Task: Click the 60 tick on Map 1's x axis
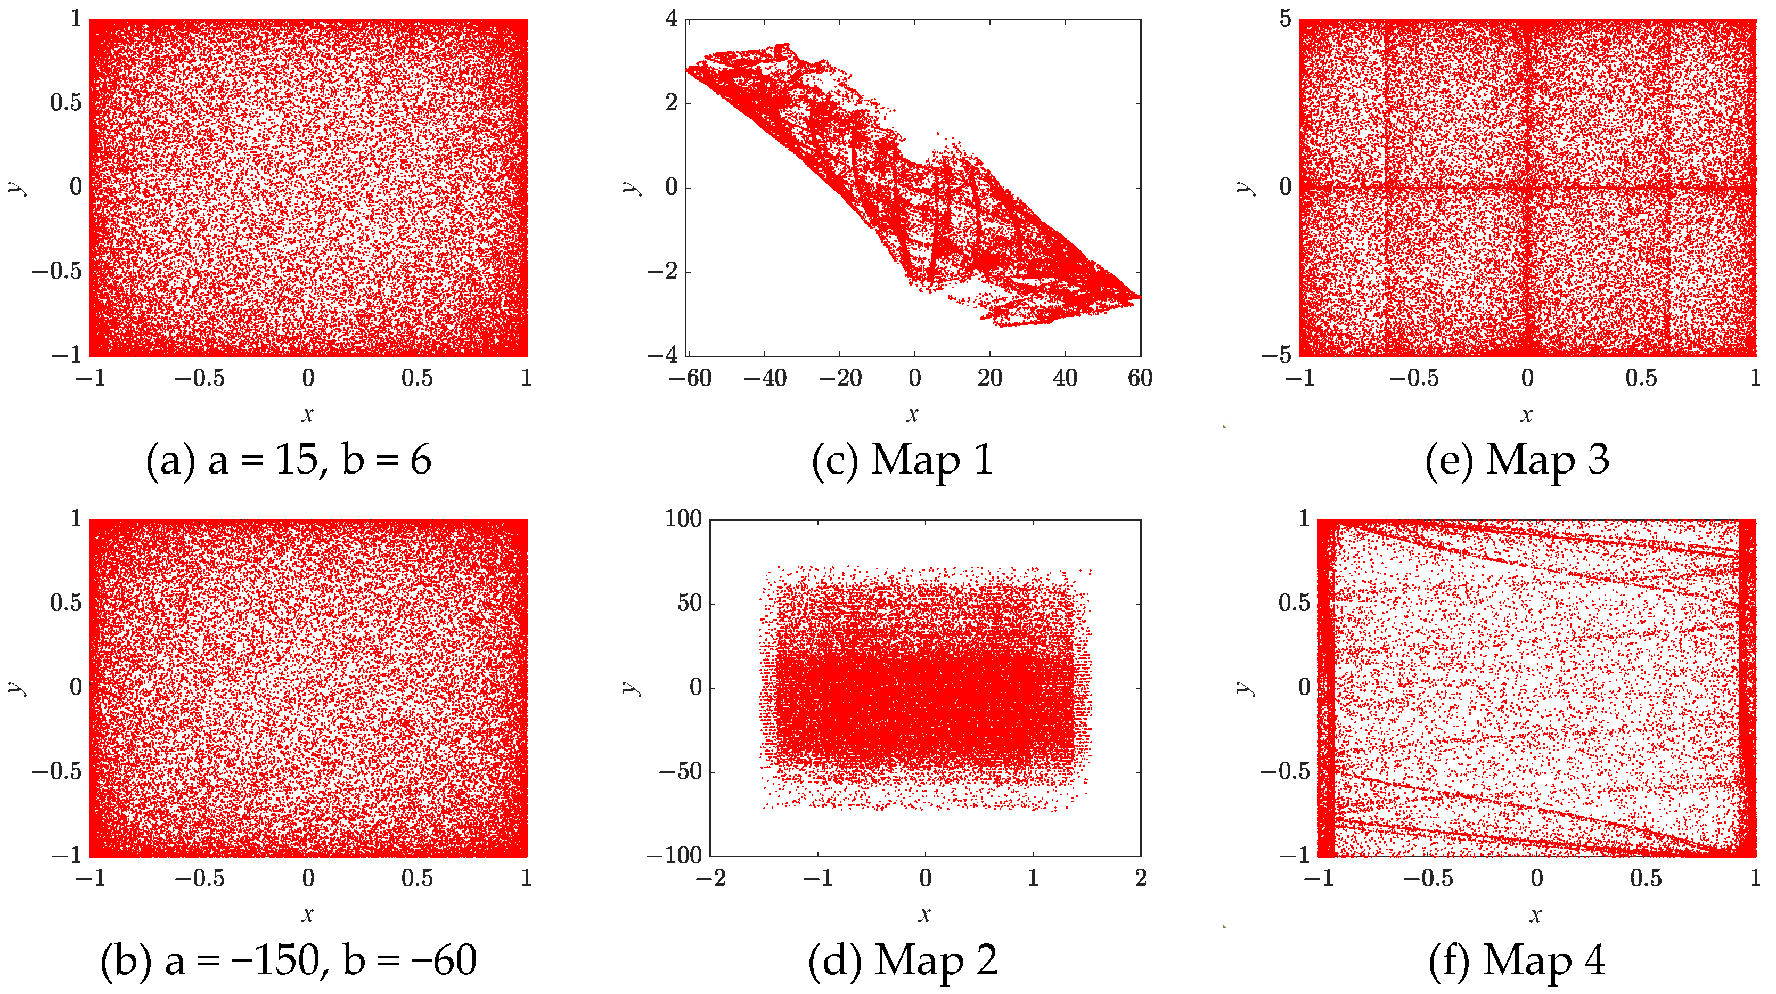tap(1140, 378)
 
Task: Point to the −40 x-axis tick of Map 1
tap(765, 378)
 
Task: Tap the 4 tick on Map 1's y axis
tap(672, 19)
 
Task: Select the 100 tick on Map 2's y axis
tap(683, 519)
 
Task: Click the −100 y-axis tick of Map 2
tap(674, 856)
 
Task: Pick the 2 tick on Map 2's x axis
tap(1140, 878)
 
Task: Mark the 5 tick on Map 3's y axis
tap(1285, 19)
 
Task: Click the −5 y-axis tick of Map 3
tap(1276, 355)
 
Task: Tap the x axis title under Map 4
tap(1535, 915)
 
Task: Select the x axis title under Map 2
tap(924, 915)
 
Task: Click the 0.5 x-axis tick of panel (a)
tap(417, 378)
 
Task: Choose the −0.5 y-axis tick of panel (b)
tap(57, 771)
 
